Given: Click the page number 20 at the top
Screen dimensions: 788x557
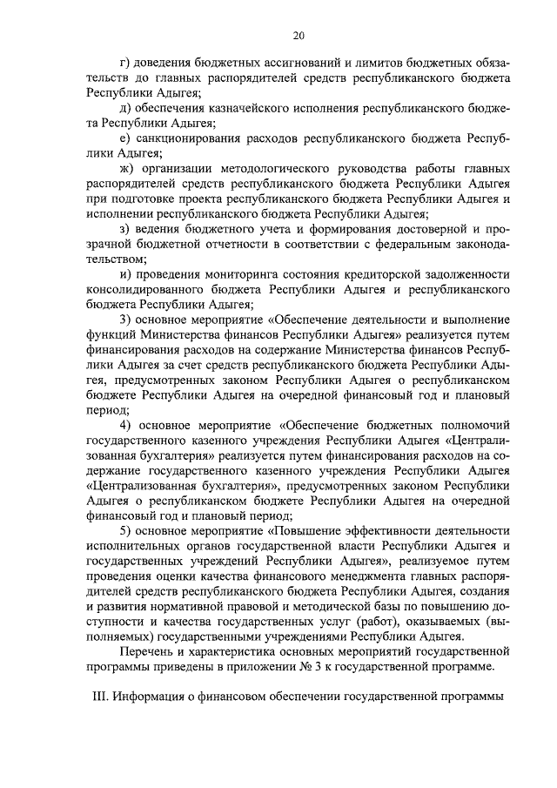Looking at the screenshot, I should coord(298,35).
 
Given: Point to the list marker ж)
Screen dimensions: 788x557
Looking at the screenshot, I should coord(127,169).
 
